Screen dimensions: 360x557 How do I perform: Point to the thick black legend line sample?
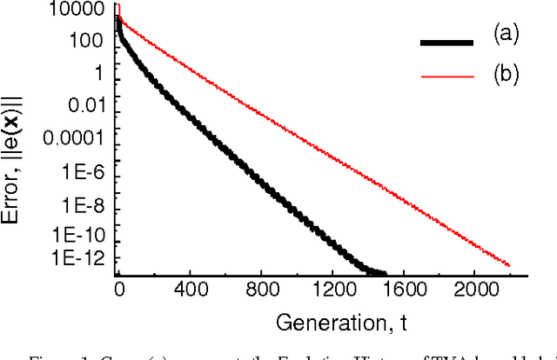click(x=447, y=41)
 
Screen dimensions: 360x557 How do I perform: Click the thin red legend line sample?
click(x=447, y=77)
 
